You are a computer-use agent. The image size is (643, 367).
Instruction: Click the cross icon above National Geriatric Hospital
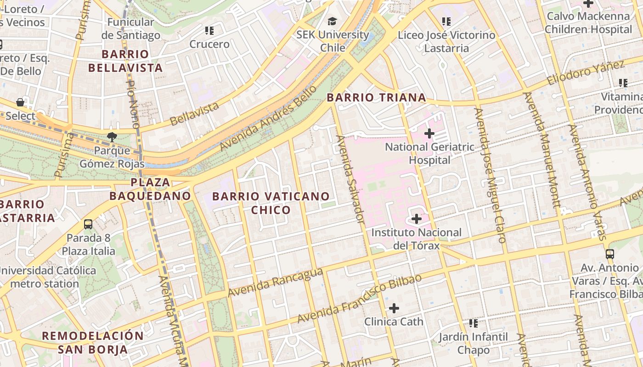click(429, 133)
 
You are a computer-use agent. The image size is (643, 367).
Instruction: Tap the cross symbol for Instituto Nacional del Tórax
click(417, 219)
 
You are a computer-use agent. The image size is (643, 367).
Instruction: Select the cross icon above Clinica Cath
click(394, 308)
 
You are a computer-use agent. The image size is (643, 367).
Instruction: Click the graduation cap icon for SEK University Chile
click(332, 21)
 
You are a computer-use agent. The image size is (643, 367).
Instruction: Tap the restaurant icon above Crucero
click(209, 31)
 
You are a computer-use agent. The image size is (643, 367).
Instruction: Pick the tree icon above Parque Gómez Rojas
click(112, 136)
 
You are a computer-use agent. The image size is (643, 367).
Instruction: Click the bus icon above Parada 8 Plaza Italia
click(88, 224)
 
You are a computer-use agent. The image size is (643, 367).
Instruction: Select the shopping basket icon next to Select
click(20, 102)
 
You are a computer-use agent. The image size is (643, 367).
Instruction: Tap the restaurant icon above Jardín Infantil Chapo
click(474, 323)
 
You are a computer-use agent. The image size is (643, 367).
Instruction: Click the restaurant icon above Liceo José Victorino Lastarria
click(446, 21)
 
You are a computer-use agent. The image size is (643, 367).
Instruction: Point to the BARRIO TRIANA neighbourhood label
click(376, 98)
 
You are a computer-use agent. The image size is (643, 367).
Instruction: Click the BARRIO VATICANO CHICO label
click(271, 203)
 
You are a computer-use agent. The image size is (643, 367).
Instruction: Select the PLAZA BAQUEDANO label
click(150, 189)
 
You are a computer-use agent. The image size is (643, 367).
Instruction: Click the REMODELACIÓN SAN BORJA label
click(93, 342)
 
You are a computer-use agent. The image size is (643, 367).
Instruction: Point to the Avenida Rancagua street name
click(275, 283)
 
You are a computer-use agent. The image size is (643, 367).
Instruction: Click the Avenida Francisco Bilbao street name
click(359, 299)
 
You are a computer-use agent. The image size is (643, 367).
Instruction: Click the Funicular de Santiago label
click(134, 28)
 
